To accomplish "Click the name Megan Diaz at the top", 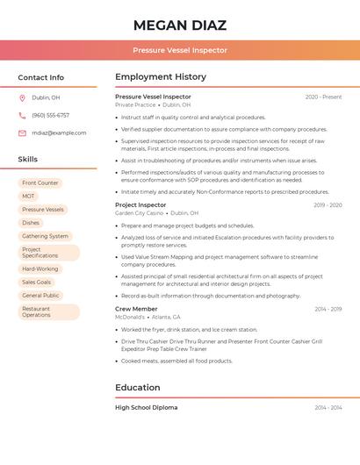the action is coord(180,25).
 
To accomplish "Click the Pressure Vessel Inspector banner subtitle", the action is coord(180,50).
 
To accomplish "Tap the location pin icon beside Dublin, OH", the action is coord(22,97).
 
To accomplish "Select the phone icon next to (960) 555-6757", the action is coord(22,115).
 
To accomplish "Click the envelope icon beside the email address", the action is coord(22,132).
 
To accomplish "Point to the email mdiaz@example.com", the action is coord(59,132).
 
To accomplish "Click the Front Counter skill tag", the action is coord(40,182).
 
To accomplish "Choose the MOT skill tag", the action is coord(29,196).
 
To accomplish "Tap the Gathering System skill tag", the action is coord(45,235).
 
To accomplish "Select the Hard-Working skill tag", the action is coord(40,268).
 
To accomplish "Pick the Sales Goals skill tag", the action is coord(37,282).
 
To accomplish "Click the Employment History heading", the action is coord(161,76).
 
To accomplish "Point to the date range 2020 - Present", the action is coord(323,97).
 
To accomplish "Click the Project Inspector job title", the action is coord(140,204).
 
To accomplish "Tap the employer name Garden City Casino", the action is coord(140,213).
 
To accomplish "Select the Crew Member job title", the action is coord(136,309).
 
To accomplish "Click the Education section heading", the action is coord(138,387).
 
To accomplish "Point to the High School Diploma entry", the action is coord(146,407).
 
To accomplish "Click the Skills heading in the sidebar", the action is coord(28,159).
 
